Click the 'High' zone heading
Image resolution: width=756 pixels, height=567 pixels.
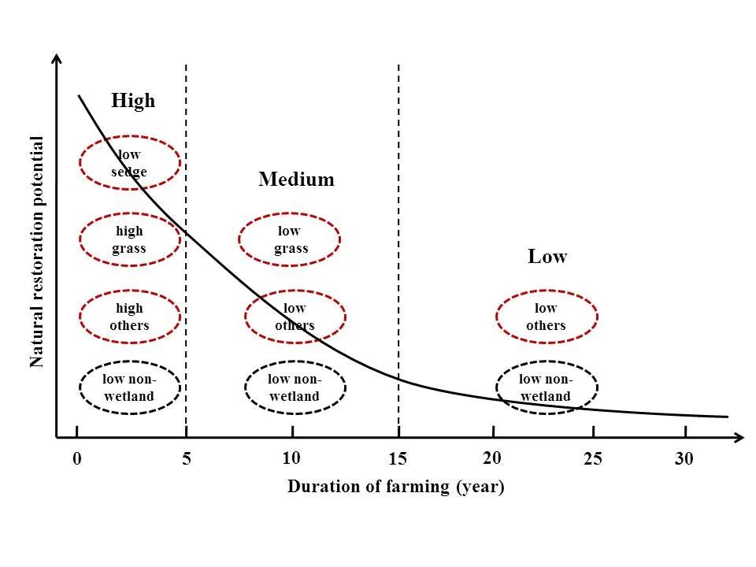tap(133, 101)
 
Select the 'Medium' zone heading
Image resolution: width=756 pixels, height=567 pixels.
tap(296, 180)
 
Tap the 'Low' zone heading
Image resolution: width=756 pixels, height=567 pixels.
tap(547, 257)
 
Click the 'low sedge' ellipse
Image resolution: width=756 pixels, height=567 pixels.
tap(130, 163)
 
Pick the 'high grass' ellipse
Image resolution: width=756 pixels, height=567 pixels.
tap(130, 239)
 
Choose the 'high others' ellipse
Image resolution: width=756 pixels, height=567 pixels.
tap(130, 317)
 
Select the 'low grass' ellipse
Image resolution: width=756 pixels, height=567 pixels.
tap(289, 239)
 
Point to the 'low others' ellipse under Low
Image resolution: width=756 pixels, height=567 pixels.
tap(547, 317)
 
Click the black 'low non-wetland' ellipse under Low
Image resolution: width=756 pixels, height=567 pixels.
tap(547, 387)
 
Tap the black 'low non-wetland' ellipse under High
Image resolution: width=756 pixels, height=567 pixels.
tap(130, 387)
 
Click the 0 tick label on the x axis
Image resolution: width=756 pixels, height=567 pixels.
tap(76, 459)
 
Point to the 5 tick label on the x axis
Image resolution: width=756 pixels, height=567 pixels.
tap(186, 459)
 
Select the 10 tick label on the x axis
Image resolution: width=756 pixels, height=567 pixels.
tap(291, 458)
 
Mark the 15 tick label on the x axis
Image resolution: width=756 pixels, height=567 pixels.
tap(398, 460)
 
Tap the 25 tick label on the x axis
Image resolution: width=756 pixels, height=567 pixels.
tap(593, 459)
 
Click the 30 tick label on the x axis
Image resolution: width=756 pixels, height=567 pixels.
tap(684, 459)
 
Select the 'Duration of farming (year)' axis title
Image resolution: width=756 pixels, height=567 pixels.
tap(395, 487)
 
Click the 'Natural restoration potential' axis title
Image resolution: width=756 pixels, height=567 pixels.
tap(37, 252)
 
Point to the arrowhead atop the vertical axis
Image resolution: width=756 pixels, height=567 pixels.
tap(57, 60)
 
